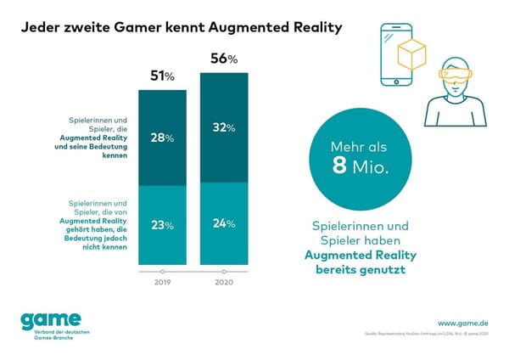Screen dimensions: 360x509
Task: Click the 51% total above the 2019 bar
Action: coord(162,76)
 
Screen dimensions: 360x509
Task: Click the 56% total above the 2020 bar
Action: coord(223,59)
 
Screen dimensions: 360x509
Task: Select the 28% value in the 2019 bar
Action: coord(162,138)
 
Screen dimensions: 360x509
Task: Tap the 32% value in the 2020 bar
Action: coord(223,127)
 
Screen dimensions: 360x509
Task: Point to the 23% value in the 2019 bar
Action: coord(162,225)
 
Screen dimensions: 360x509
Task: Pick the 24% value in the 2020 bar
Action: coord(223,224)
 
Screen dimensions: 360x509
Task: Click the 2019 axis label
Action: coord(162,283)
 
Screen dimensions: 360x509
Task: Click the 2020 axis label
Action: coord(223,283)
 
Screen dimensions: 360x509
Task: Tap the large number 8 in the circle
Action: coord(340,166)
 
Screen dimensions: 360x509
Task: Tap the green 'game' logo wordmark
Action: coord(48,320)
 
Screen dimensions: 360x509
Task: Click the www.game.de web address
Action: coord(464,323)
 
